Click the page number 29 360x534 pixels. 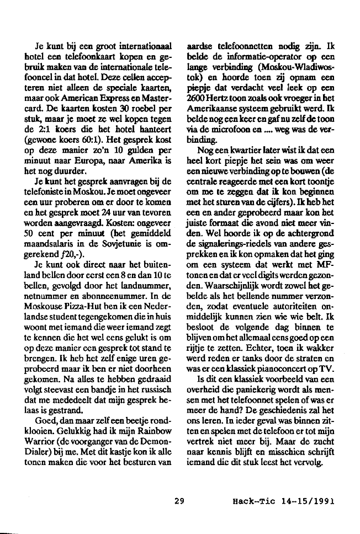point(178,501)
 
